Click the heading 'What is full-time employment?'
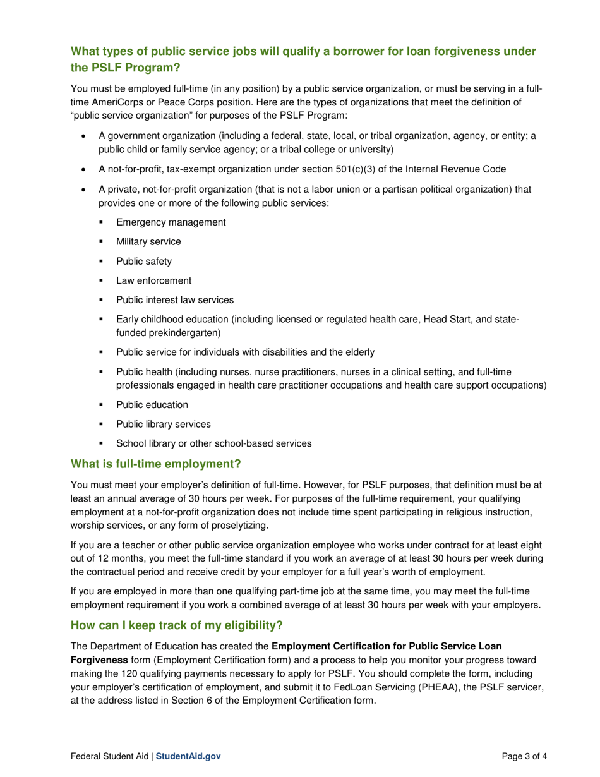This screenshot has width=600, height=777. (x=155, y=465)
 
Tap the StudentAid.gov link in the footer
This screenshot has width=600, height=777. (x=188, y=756)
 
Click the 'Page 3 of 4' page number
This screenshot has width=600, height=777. (x=506, y=756)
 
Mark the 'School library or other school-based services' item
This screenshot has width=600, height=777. (x=213, y=444)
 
